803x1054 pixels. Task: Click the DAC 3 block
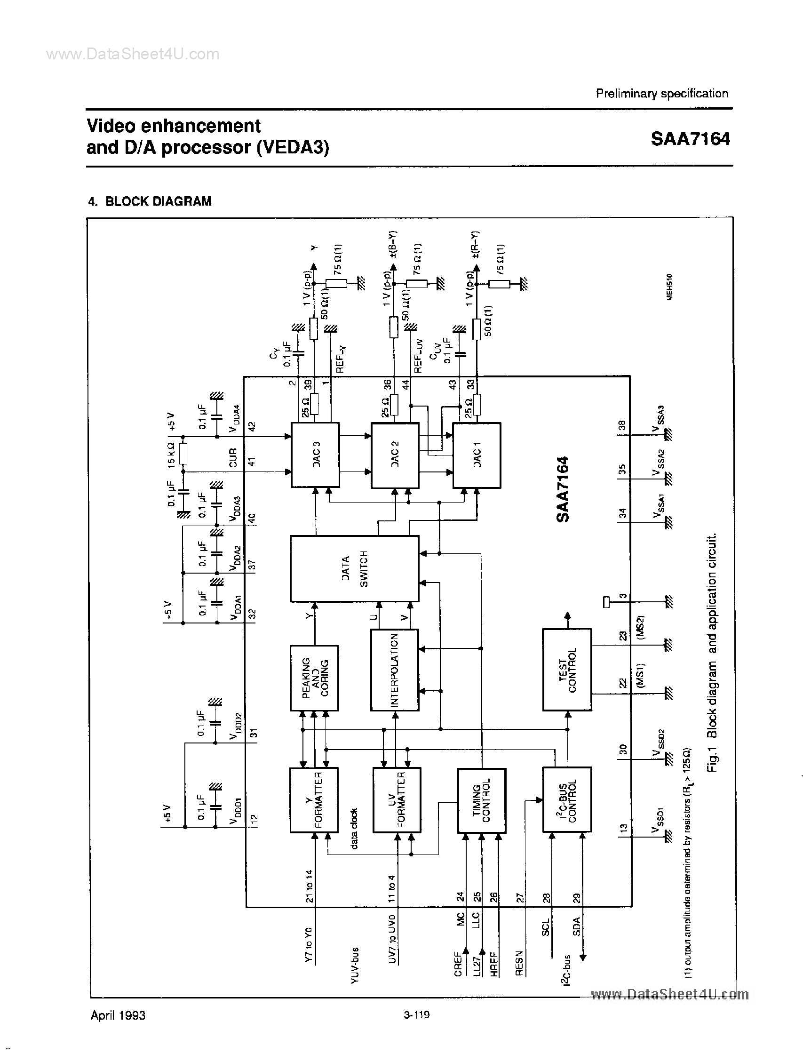coord(316,455)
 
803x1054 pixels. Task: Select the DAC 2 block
coord(395,455)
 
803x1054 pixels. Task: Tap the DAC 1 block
coord(477,455)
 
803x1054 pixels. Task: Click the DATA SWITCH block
coord(354,568)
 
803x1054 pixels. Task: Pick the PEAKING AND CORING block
coord(315,678)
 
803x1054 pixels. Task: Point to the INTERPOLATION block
coord(394,670)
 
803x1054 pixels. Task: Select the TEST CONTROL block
coord(567,669)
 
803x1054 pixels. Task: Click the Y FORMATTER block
coord(314,800)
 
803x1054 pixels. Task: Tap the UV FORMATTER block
coord(397,800)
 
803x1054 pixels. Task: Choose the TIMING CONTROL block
coord(481,800)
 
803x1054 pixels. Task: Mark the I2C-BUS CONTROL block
coord(567,800)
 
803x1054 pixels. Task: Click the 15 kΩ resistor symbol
coord(183,454)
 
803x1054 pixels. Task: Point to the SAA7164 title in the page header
coord(690,139)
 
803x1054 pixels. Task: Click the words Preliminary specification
coord(661,94)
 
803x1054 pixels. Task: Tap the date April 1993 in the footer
coord(118,1015)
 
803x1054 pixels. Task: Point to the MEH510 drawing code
coord(670,287)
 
